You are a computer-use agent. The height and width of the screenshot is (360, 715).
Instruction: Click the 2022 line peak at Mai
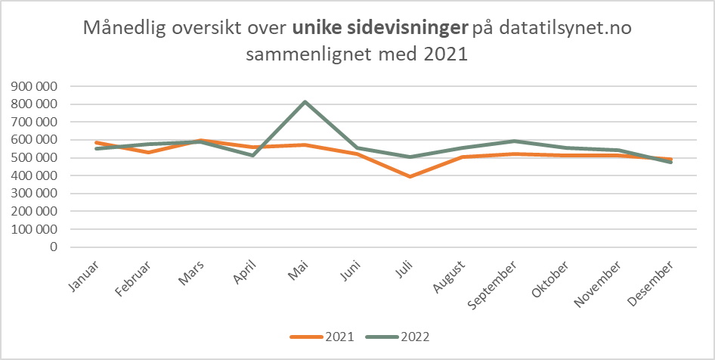pos(305,101)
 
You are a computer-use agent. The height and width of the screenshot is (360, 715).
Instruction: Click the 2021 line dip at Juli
pos(410,176)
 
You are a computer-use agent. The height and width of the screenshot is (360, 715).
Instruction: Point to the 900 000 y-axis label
pos(33,86)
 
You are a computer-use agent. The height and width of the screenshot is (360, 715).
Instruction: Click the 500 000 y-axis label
pos(33,157)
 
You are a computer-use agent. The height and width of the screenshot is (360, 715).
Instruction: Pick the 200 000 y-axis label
pos(33,211)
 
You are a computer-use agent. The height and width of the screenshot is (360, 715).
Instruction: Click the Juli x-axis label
pos(405,270)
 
